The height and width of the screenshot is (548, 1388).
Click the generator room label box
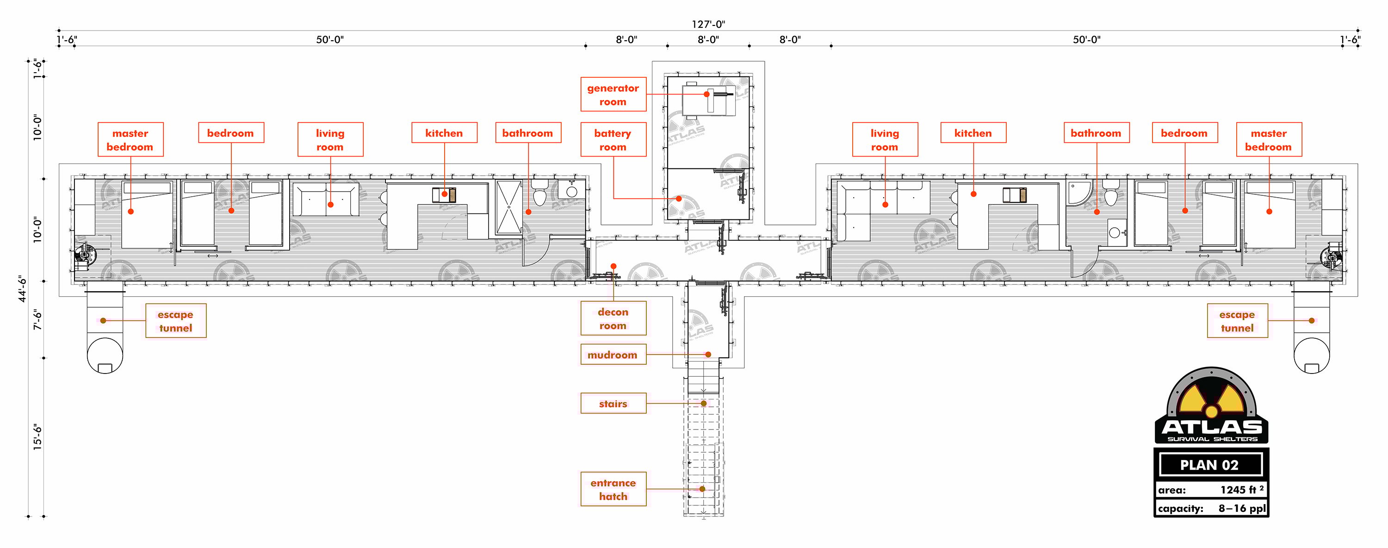(x=613, y=94)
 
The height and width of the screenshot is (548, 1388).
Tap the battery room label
(x=613, y=140)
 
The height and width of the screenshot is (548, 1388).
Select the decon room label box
(x=613, y=318)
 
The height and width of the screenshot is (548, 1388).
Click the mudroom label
(x=613, y=355)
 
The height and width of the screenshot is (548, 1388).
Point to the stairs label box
(x=613, y=403)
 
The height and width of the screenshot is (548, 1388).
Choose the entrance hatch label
(x=613, y=489)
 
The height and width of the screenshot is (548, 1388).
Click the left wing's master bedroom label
(x=130, y=140)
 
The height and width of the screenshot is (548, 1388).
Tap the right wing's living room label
(x=885, y=140)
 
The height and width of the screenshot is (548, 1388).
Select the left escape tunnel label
(x=176, y=321)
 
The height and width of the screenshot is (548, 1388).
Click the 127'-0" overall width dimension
(x=708, y=24)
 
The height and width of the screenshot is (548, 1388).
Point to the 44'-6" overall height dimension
(x=23, y=289)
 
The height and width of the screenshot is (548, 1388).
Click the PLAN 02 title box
(x=1210, y=465)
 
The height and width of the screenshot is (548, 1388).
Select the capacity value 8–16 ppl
(x=1242, y=508)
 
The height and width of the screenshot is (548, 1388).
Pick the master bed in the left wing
(x=147, y=214)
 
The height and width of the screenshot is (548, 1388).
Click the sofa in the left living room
(x=326, y=200)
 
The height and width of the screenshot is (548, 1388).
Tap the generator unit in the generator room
(x=708, y=100)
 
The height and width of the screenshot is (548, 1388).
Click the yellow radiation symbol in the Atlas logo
(x=1211, y=403)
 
